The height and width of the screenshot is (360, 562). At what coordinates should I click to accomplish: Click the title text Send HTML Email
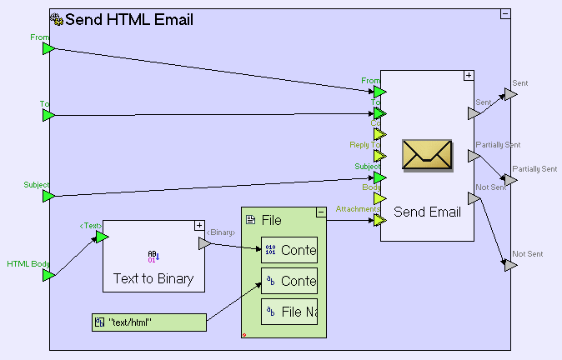coord(128,20)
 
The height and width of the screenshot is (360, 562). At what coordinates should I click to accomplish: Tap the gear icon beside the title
coord(56,19)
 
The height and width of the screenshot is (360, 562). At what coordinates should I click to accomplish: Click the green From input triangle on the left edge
coord(48,49)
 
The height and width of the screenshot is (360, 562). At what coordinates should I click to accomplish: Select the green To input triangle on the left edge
coord(48,116)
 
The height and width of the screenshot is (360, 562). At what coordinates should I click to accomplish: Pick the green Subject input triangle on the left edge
coord(48,196)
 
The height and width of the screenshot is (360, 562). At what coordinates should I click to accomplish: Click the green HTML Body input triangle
coord(48,275)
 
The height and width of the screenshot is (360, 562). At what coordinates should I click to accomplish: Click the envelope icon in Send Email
coord(427,155)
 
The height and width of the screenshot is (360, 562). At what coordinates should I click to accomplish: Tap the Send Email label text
coord(427,212)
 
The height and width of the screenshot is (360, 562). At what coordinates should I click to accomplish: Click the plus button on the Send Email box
coord(469,76)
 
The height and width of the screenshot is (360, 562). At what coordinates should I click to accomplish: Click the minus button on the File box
coord(321,212)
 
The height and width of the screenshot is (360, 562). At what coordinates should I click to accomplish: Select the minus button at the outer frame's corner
coord(504,14)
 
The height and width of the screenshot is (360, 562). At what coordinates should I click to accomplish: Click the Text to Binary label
coord(153,279)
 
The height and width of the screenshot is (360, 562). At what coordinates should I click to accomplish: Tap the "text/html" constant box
coord(149,322)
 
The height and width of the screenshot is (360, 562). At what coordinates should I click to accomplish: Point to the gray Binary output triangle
coord(203,244)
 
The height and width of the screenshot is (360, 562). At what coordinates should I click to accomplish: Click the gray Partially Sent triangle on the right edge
coord(510,180)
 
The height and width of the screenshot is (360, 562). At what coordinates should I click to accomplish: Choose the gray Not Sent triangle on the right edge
coord(510,265)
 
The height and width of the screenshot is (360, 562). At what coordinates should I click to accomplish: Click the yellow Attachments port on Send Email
coord(379,220)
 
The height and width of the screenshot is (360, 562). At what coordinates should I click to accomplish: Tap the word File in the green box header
coord(272,220)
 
